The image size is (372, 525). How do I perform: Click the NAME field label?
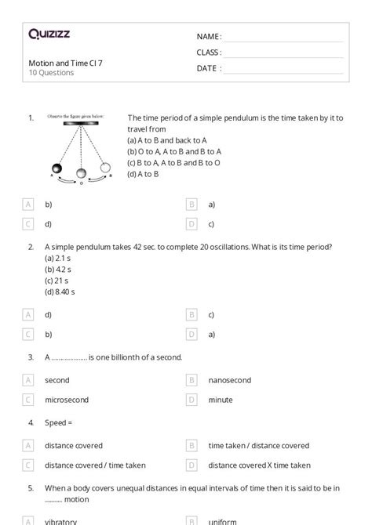coord(209,37)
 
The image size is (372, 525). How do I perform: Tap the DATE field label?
coord(209,68)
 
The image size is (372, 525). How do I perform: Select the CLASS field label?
coord(209,52)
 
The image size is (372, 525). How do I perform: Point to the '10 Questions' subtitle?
coord(51,73)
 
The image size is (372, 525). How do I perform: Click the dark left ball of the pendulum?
coord(57,168)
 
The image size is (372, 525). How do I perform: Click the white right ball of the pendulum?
coord(104,167)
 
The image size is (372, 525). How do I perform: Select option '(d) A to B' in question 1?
coord(143,174)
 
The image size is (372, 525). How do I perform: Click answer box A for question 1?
coord(29,205)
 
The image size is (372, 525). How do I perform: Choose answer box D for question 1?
coord(191,224)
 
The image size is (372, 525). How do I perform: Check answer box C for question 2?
coord(29,334)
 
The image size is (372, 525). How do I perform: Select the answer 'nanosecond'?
coord(229,380)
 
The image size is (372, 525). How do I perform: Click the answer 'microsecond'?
coord(67,400)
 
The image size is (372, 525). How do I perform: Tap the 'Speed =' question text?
coord(58,422)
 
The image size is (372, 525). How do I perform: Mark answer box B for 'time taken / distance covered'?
coord(191,446)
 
